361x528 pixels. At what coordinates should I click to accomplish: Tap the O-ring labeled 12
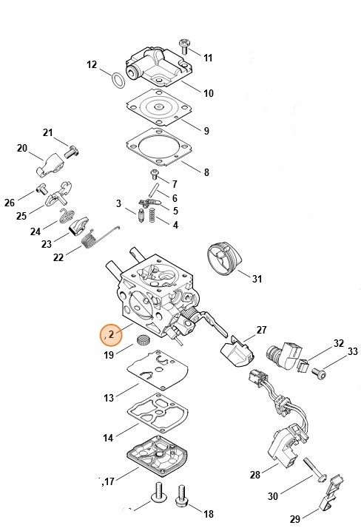[117, 78]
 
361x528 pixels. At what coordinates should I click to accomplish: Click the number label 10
[208, 93]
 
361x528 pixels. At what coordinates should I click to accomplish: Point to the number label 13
[109, 398]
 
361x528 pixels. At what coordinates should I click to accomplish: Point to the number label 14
[108, 438]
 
